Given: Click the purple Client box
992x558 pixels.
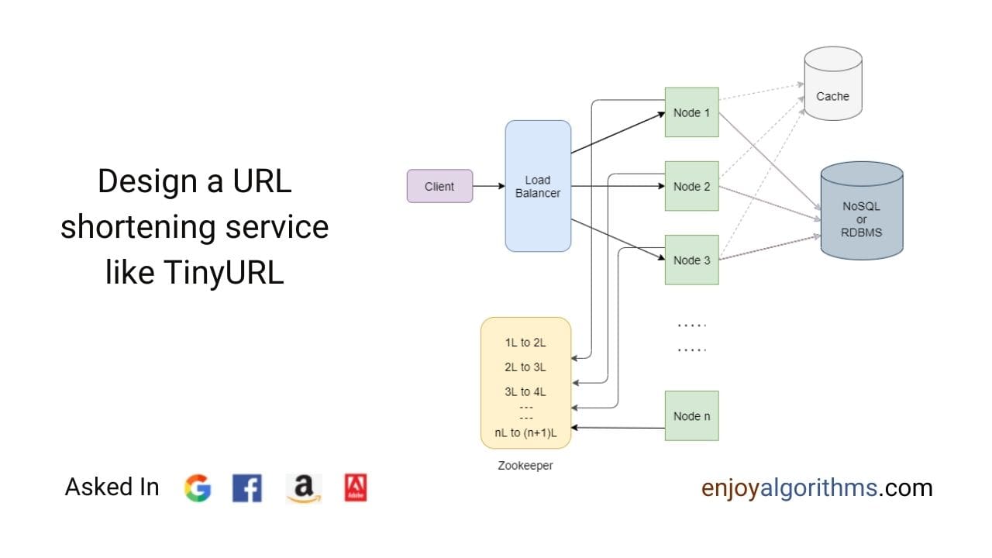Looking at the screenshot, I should (x=439, y=186).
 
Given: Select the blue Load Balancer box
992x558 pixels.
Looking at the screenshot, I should (x=538, y=186).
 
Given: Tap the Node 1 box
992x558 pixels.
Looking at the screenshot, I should (x=691, y=112).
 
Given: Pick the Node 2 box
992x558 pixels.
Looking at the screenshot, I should (x=691, y=186).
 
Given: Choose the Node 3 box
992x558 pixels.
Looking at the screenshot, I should (x=691, y=260).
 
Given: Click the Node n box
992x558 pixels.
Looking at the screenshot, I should (x=691, y=415).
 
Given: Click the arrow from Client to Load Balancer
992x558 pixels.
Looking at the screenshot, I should (x=488, y=186).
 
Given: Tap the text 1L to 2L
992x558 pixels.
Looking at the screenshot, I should (x=525, y=343).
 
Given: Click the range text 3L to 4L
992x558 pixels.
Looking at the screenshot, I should (x=525, y=392).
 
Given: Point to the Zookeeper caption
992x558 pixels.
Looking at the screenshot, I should (x=525, y=466).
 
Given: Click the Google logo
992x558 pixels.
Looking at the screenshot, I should (x=198, y=488).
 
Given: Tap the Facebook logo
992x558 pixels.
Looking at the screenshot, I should (x=246, y=488).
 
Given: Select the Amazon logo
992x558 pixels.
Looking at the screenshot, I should (x=303, y=488).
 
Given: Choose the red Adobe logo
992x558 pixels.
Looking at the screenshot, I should (x=355, y=487).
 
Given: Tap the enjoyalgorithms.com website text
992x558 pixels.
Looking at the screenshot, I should (x=816, y=487).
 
